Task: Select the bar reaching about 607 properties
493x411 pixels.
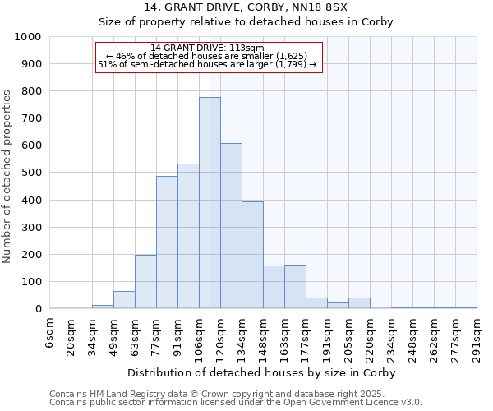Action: click(231, 226)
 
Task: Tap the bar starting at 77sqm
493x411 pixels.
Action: click(167, 242)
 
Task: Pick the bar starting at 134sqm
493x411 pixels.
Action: click(252, 255)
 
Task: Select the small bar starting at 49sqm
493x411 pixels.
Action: click(124, 300)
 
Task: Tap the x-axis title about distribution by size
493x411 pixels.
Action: click(263, 372)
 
